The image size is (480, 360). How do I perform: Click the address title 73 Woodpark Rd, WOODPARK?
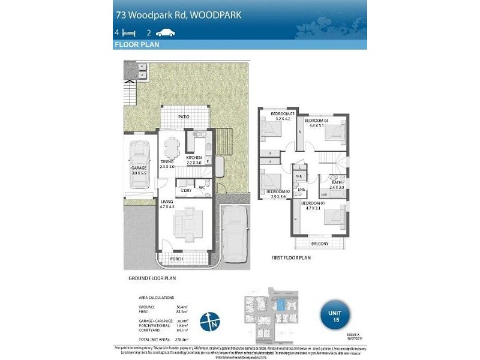[x=178, y=14]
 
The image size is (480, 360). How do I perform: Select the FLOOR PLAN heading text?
[x=136, y=45]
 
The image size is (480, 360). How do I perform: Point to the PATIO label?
[x=184, y=117]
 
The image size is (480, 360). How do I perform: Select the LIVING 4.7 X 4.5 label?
[x=167, y=204]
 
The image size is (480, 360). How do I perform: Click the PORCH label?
[x=176, y=259]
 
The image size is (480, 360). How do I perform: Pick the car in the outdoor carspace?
[x=234, y=232]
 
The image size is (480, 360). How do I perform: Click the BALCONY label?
[x=320, y=244]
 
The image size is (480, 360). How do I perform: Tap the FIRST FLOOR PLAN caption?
[x=290, y=257]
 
